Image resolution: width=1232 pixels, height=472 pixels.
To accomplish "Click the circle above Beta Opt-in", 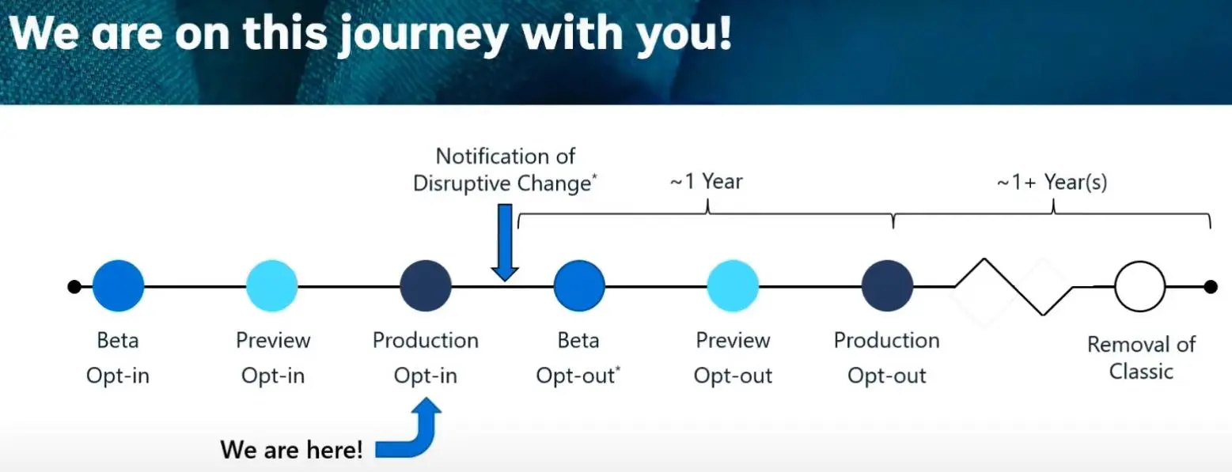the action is (x=118, y=285).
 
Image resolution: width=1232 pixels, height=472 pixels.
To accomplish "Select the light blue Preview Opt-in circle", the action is (x=271, y=285).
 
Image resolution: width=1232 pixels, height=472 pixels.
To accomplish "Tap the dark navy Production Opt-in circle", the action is (x=426, y=285).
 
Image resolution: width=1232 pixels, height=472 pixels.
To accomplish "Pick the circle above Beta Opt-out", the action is (x=579, y=285).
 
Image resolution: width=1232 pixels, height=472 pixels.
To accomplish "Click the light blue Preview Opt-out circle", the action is (x=733, y=285).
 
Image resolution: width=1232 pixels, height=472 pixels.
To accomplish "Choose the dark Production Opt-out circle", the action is (x=887, y=285).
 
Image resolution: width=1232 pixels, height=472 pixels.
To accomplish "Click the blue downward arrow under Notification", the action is (x=505, y=242).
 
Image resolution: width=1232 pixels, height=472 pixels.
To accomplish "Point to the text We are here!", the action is (x=291, y=450).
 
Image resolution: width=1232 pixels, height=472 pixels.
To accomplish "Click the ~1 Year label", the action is (x=706, y=181).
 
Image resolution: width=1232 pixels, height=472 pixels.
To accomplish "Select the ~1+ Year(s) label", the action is (x=1052, y=182).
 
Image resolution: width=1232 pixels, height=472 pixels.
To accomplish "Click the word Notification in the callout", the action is (x=506, y=156).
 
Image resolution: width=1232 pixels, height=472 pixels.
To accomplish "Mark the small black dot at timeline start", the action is (x=74, y=286).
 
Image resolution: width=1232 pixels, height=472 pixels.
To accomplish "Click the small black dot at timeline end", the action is (x=1211, y=286).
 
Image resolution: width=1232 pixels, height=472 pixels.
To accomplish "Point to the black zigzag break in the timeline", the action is (x=1014, y=286).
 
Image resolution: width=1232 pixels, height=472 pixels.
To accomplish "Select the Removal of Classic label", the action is (x=1141, y=358).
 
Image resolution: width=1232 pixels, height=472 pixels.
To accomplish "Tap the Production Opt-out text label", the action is (x=886, y=358).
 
